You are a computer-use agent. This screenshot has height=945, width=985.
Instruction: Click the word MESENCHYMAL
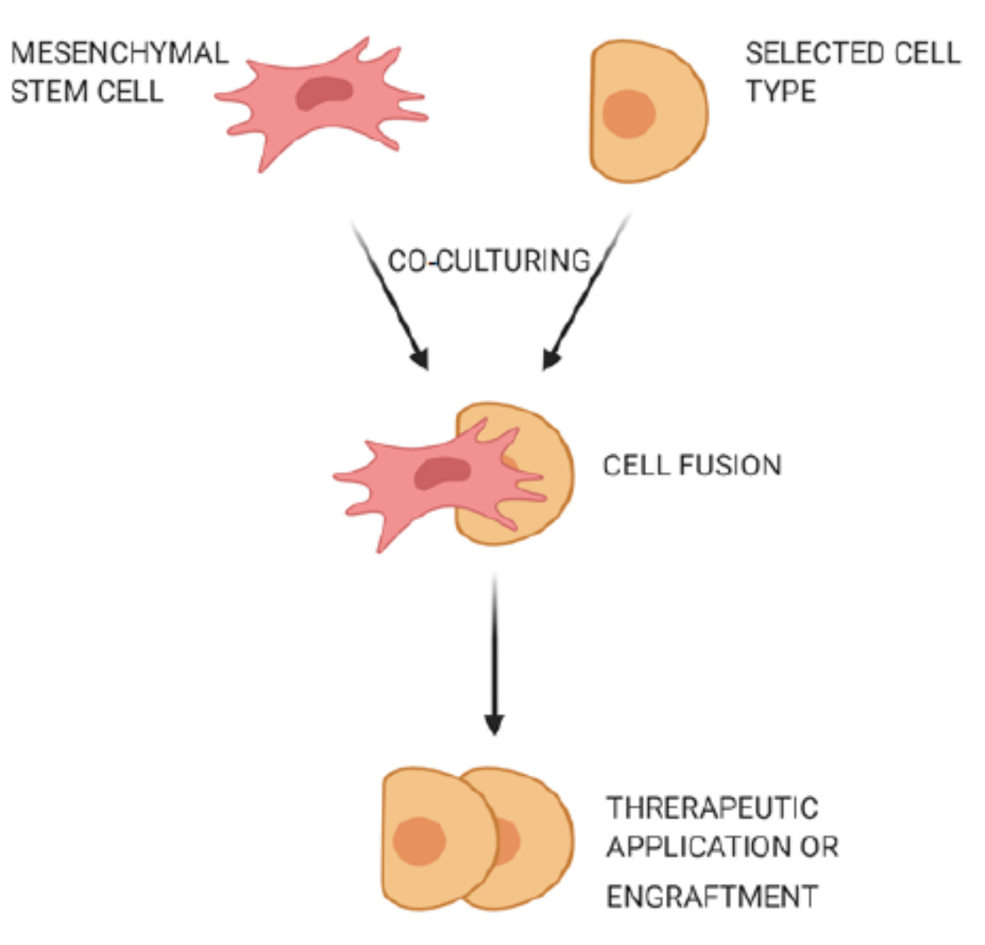pos(119,54)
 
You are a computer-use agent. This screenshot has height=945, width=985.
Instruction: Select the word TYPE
pos(781,91)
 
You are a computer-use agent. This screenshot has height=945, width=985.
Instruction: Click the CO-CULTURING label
pos(489,260)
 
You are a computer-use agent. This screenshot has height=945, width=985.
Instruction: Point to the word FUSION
pos(730,466)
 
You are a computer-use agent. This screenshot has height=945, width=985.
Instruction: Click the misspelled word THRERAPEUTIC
pos(712,808)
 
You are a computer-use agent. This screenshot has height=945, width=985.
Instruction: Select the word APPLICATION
pos(697,847)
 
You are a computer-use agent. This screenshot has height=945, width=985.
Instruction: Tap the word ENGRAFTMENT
pos(712,897)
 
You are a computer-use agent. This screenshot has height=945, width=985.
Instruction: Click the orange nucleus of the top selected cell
pos(629,114)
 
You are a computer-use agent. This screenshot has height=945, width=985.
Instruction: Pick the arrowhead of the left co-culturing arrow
pos(421,360)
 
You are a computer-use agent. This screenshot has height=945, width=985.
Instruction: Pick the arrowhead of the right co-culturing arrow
pos(549,360)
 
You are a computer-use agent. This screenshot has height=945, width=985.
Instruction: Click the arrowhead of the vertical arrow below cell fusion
pos(494,725)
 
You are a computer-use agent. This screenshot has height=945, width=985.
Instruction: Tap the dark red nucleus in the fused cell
pos(442,472)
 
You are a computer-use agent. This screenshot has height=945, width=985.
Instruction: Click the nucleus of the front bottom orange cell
pos(419,841)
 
